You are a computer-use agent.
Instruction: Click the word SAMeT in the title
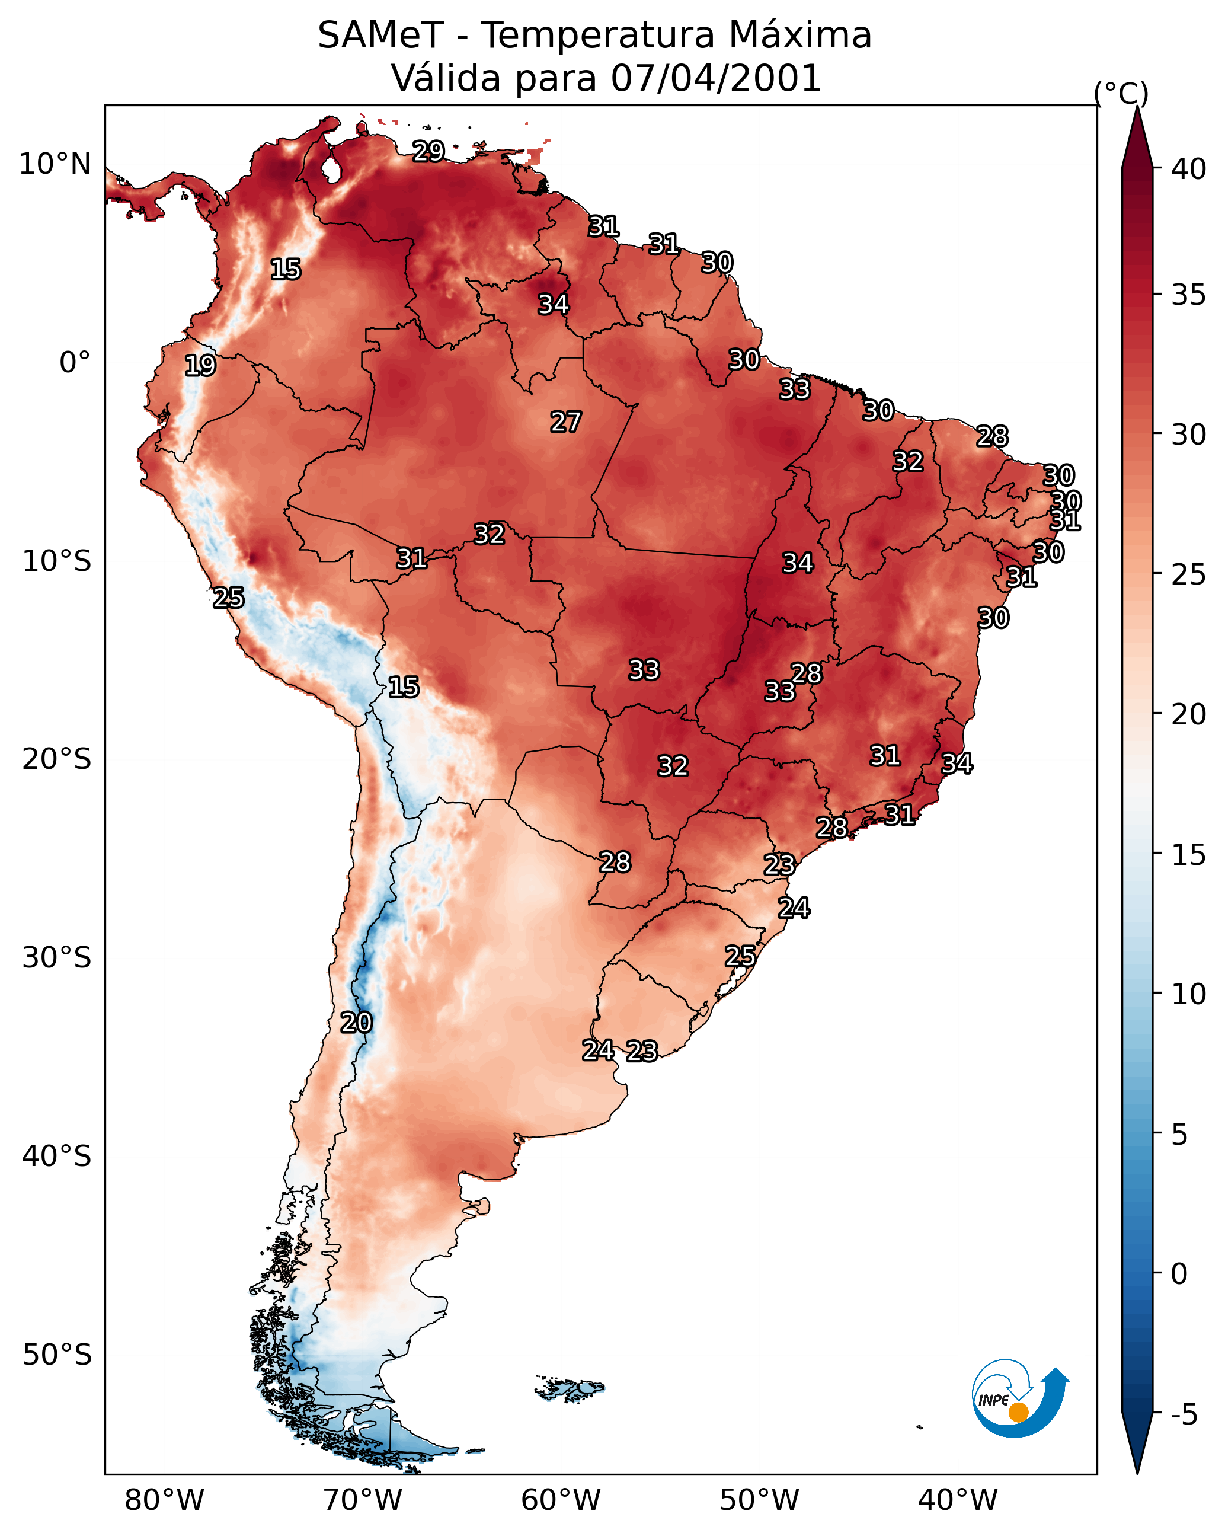pos(380,36)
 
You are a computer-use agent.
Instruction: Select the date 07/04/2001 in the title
pos(716,78)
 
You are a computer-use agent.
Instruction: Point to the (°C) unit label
pos(1121,93)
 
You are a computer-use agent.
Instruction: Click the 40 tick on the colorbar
pos(1189,169)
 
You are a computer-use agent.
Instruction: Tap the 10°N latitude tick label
pos(55,164)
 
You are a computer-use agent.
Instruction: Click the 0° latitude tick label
pos(75,363)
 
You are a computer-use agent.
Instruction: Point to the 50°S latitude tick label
pos(57,1355)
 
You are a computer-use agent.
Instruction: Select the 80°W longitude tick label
pos(164,1500)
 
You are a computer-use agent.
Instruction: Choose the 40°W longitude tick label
pos(958,1500)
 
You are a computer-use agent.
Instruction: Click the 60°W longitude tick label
pos(561,1500)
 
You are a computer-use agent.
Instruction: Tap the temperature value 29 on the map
pos(428,151)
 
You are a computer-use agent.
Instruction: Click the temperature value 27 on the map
pos(566,422)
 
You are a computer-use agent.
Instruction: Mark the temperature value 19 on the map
pos(200,366)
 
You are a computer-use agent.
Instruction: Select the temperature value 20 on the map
pos(356,1023)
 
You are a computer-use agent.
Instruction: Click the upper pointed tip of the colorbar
pos(1137,107)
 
